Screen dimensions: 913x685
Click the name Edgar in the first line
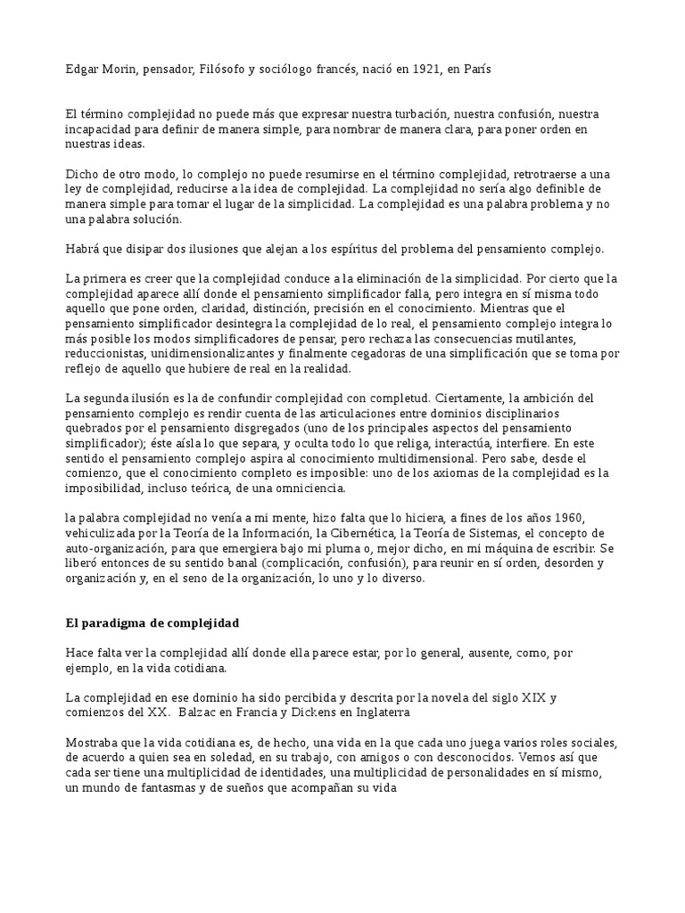click(x=82, y=70)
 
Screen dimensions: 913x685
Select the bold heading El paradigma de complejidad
click(x=153, y=622)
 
